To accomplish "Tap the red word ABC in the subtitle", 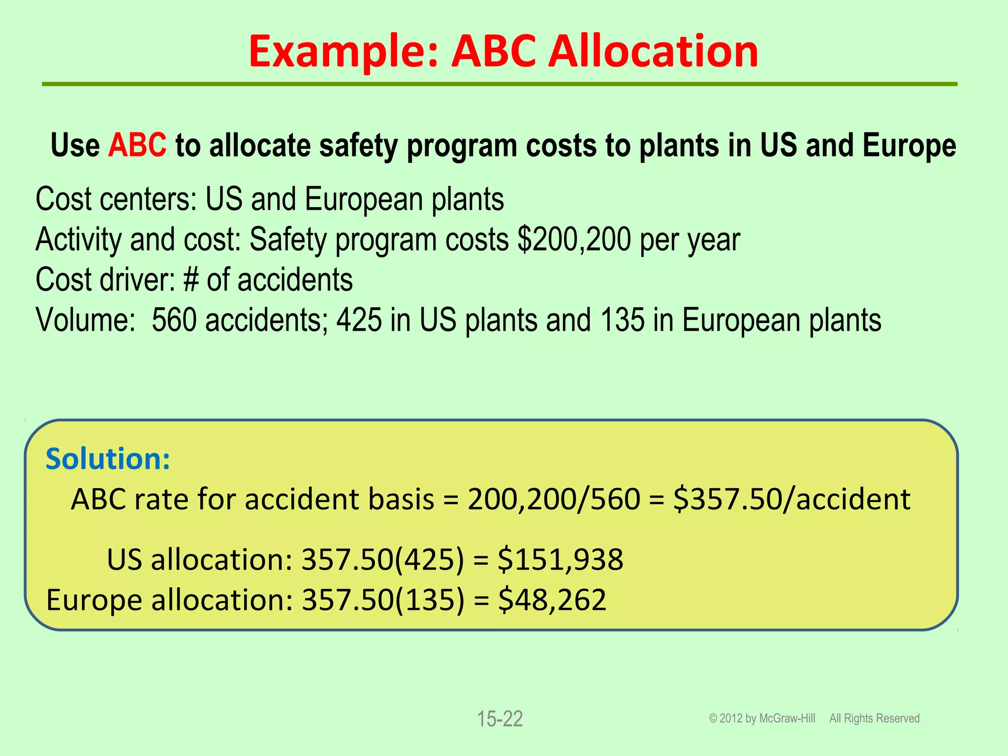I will pyautogui.click(x=137, y=145).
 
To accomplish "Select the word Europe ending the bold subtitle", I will pyautogui.click(x=909, y=145).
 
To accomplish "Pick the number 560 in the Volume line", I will pyautogui.click(x=174, y=320).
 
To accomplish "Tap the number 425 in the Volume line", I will pyautogui.click(x=359, y=320).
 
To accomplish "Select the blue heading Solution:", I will pyautogui.click(x=108, y=459).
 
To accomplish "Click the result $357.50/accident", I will pyautogui.click(x=791, y=499).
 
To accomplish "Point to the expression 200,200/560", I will pyautogui.click(x=554, y=499).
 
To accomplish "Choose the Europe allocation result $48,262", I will pyautogui.click(x=552, y=600).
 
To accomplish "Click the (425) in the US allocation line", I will pyautogui.click(x=430, y=560).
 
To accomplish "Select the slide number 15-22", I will pyautogui.click(x=500, y=719).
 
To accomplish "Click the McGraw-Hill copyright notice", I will pyautogui.click(x=762, y=719).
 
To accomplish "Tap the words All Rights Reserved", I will pyautogui.click(x=874, y=719).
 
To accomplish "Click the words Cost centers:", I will pyautogui.click(x=116, y=199).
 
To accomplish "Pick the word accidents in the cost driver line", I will pyautogui.click(x=295, y=280).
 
